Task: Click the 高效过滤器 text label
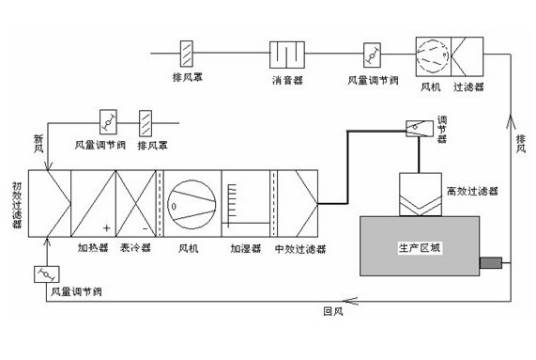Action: (472, 187)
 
